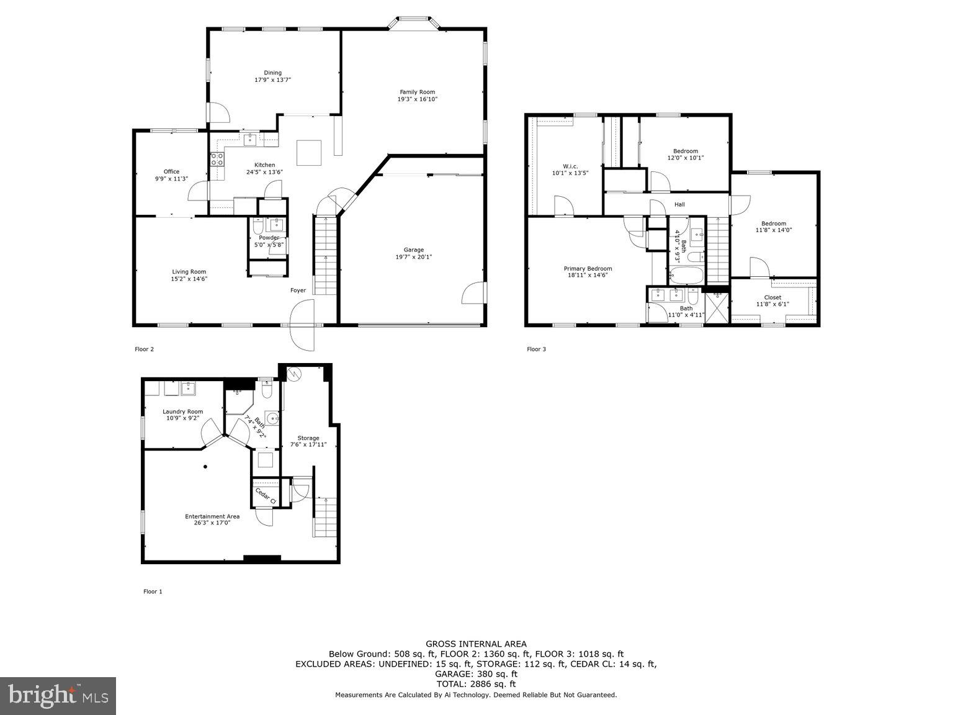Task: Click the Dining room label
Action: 272,73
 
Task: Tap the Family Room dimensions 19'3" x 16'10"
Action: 417,99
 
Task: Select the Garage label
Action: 414,250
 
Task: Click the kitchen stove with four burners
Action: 217,159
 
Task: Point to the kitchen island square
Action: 308,153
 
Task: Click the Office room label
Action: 171,172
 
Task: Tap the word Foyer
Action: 298,290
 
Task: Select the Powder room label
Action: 269,238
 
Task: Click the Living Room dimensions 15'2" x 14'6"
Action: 189,279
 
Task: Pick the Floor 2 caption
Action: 144,349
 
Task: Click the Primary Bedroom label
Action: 588,269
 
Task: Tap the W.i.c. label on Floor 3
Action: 570,166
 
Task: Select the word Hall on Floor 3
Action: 679,205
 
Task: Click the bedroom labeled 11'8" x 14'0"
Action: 774,227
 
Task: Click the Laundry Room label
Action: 182,411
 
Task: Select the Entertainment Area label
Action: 212,516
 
